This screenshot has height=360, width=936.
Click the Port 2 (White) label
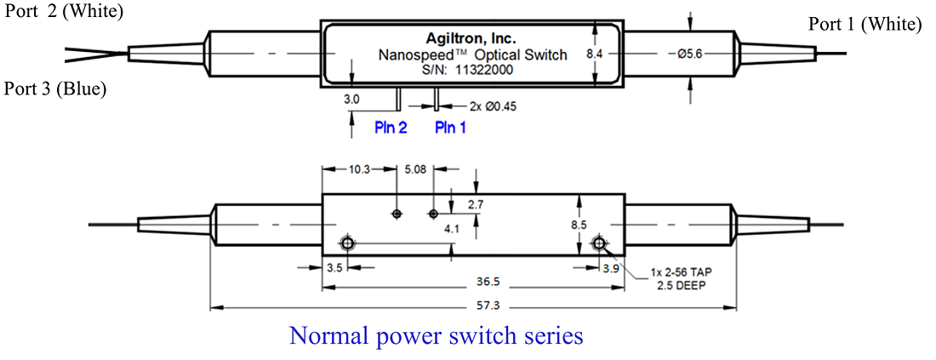coord(64,13)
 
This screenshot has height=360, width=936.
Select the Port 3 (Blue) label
coord(60,88)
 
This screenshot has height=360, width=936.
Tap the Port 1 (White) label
coord(865,24)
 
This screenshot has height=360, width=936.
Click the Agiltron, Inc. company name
coord(470,38)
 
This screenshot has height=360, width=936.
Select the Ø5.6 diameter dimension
coord(684,54)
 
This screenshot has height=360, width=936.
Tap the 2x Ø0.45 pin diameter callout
coord(493,106)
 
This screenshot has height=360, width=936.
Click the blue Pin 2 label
coord(391,128)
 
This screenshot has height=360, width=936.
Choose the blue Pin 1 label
coord(451,128)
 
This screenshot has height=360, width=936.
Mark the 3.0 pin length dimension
coord(351,100)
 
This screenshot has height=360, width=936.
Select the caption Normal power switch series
coord(437,335)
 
